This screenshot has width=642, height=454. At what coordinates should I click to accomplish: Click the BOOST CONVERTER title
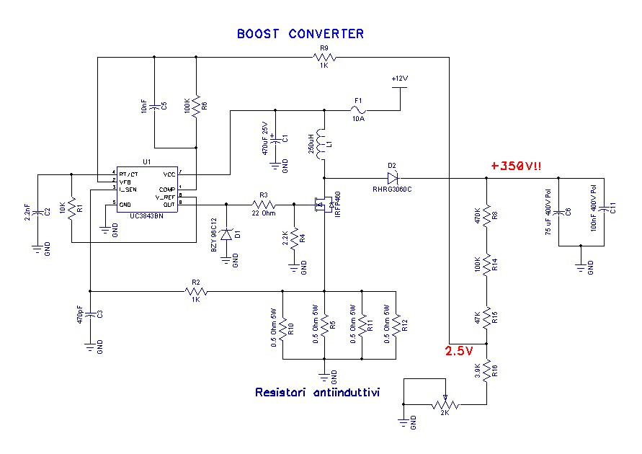click(300, 34)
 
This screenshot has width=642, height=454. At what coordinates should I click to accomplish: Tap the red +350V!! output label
click(516, 166)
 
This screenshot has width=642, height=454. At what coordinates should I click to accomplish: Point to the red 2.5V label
click(458, 352)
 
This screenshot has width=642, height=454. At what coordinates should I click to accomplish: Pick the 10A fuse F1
click(357, 110)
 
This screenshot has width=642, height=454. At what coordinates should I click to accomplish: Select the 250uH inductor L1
click(324, 143)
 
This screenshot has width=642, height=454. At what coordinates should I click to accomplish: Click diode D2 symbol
click(392, 177)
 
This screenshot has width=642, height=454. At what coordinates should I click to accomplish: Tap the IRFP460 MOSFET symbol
click(322, 206)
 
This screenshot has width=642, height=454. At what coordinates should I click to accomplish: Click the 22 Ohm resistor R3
click(264, 204)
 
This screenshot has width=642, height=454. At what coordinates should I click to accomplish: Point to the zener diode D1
click(228, 235)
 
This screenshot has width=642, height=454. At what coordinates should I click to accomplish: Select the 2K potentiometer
click(445, 404)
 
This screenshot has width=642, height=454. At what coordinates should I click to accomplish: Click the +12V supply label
click(399, 78)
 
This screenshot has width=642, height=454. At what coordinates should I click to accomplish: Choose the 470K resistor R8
click(487, 215)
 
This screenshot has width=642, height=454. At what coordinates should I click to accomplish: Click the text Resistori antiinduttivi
click(318, 393)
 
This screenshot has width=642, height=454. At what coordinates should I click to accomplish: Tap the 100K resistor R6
click(197, 105)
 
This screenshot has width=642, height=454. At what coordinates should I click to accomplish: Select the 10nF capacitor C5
click(155, 105)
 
